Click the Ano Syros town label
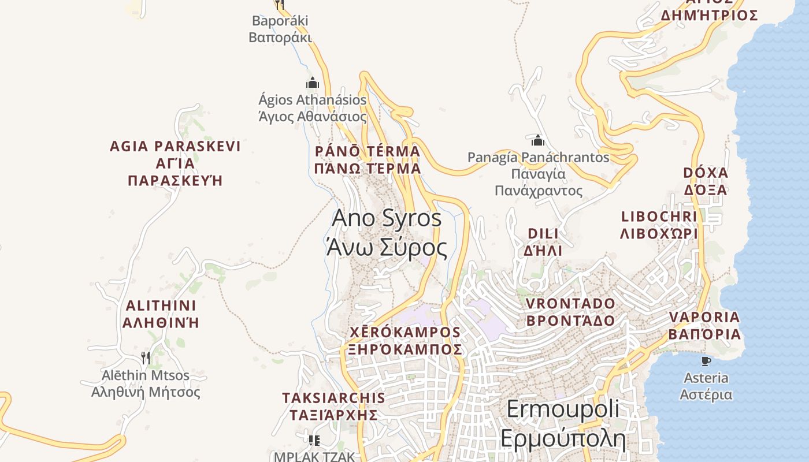(387, 233)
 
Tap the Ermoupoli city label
(563, 423)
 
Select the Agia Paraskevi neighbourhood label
(175, 163)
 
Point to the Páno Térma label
(368, 160)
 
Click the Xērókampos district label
(405, 341)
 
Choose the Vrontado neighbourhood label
(571, 312)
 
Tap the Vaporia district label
(704, 325)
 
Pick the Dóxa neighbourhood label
(706, 181)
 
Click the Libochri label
(659, 225)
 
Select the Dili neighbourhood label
(543, 242)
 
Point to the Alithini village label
(161, 314)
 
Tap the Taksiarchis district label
(333, 406)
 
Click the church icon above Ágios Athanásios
(313, 83)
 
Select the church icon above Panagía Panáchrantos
(538, 140)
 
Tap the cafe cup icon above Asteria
(706, 361)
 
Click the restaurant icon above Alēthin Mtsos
(146, 358)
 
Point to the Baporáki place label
(280, 29)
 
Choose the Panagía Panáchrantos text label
(539, 173)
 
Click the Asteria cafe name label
(706, 386)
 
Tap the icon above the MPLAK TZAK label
(314, 441)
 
